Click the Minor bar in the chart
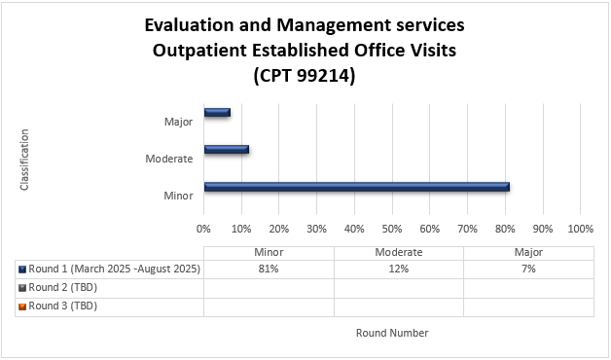coord(356,187)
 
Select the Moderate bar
coord(226,150)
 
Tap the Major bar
coord(216,113)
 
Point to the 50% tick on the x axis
coord(392,229)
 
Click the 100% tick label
coord(580,229)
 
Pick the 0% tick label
coord(204,229)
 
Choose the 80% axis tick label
coord(505,229)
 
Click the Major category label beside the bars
coord(179,122)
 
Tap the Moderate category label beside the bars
coord(169,159)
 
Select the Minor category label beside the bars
coord(179,196)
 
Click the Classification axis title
coord(25,159)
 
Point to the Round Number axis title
coord(392,333)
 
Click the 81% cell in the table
coord(269,270)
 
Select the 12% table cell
coord(398,270)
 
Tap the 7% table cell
coord(527,270)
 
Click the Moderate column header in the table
coord(398,252)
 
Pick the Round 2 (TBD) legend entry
coord(63,287)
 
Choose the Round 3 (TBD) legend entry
coord(63,306)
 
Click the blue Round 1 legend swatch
coord(21,270)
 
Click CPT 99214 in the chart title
coord(304,74)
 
